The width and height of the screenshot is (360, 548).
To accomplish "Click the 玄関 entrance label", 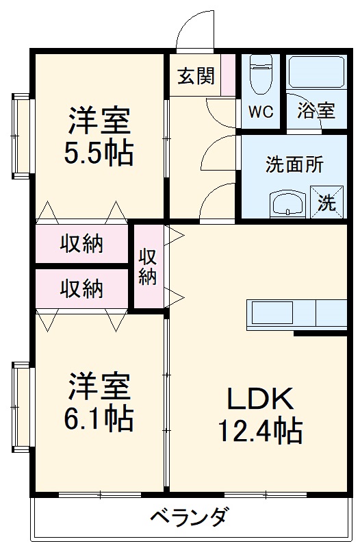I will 196,76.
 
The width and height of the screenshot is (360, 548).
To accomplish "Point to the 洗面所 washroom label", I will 294,164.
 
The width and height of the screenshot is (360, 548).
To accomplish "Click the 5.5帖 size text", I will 99,154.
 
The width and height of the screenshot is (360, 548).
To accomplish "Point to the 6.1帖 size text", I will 99,419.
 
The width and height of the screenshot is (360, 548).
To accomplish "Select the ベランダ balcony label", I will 188,516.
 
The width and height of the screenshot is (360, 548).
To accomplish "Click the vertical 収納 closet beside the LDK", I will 148,266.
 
